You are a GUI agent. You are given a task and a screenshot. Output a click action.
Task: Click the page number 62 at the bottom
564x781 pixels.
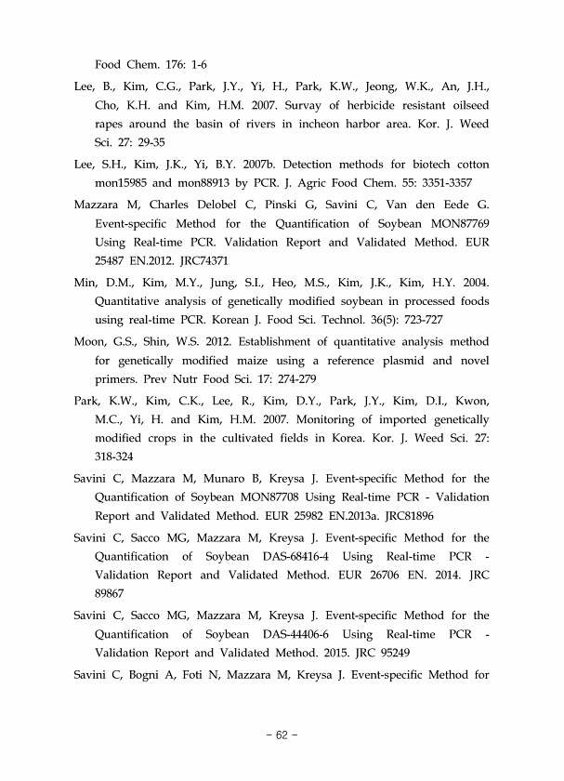(x=282, y=735)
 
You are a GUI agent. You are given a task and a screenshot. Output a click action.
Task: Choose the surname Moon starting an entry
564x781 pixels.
(x=91, y=341)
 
